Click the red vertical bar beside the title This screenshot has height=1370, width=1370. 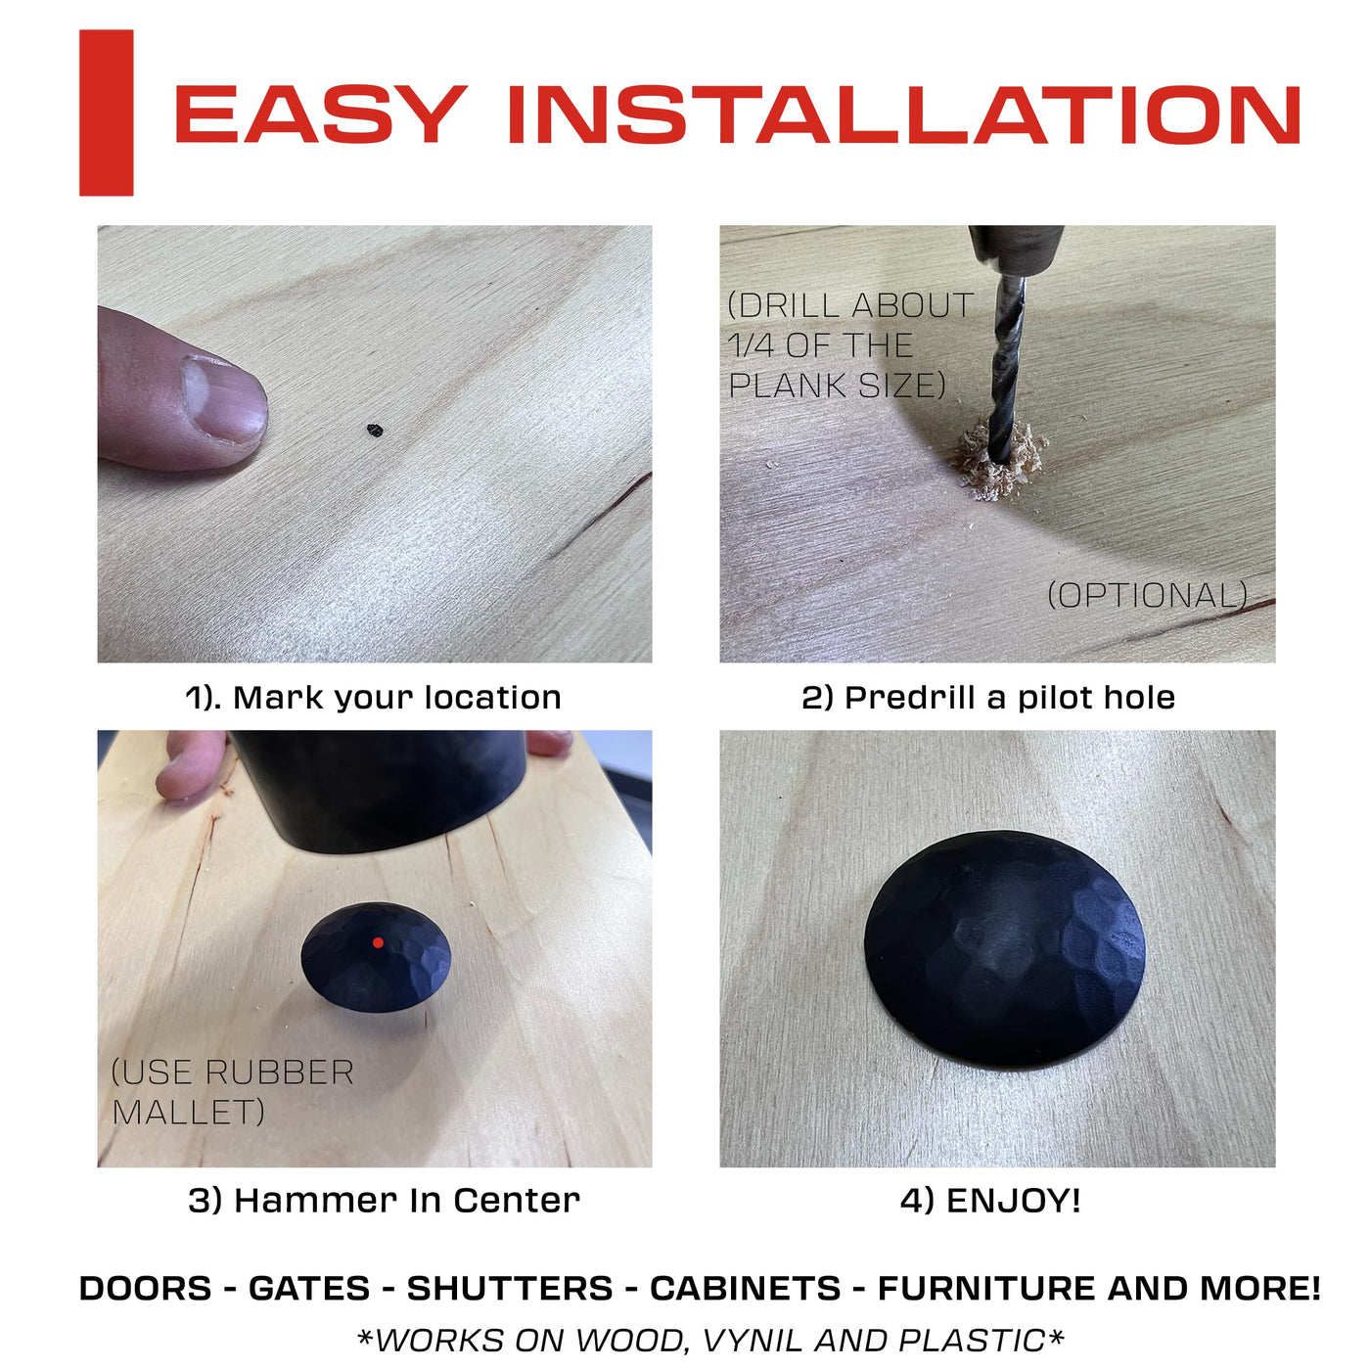[x=106, y=113]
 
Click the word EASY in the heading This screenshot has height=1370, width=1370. [x=320, y=114]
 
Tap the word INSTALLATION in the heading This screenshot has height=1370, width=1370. [x=903, y=114]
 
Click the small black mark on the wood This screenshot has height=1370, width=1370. [x=375, y=430]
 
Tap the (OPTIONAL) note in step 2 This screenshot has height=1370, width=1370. [x=1148, y=595]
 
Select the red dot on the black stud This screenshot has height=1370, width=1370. [x=378, y=942]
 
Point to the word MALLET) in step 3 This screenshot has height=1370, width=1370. [x=189, y=1112]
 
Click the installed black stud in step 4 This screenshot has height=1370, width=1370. [x=1005, y=949]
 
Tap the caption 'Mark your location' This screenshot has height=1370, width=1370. [x=396, y=698]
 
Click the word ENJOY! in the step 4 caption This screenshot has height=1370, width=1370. [x=1013, y=1200]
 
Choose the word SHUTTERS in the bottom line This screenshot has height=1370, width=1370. [x=509, y=1288]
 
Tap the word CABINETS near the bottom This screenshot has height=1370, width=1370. [x=745, y=1288]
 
